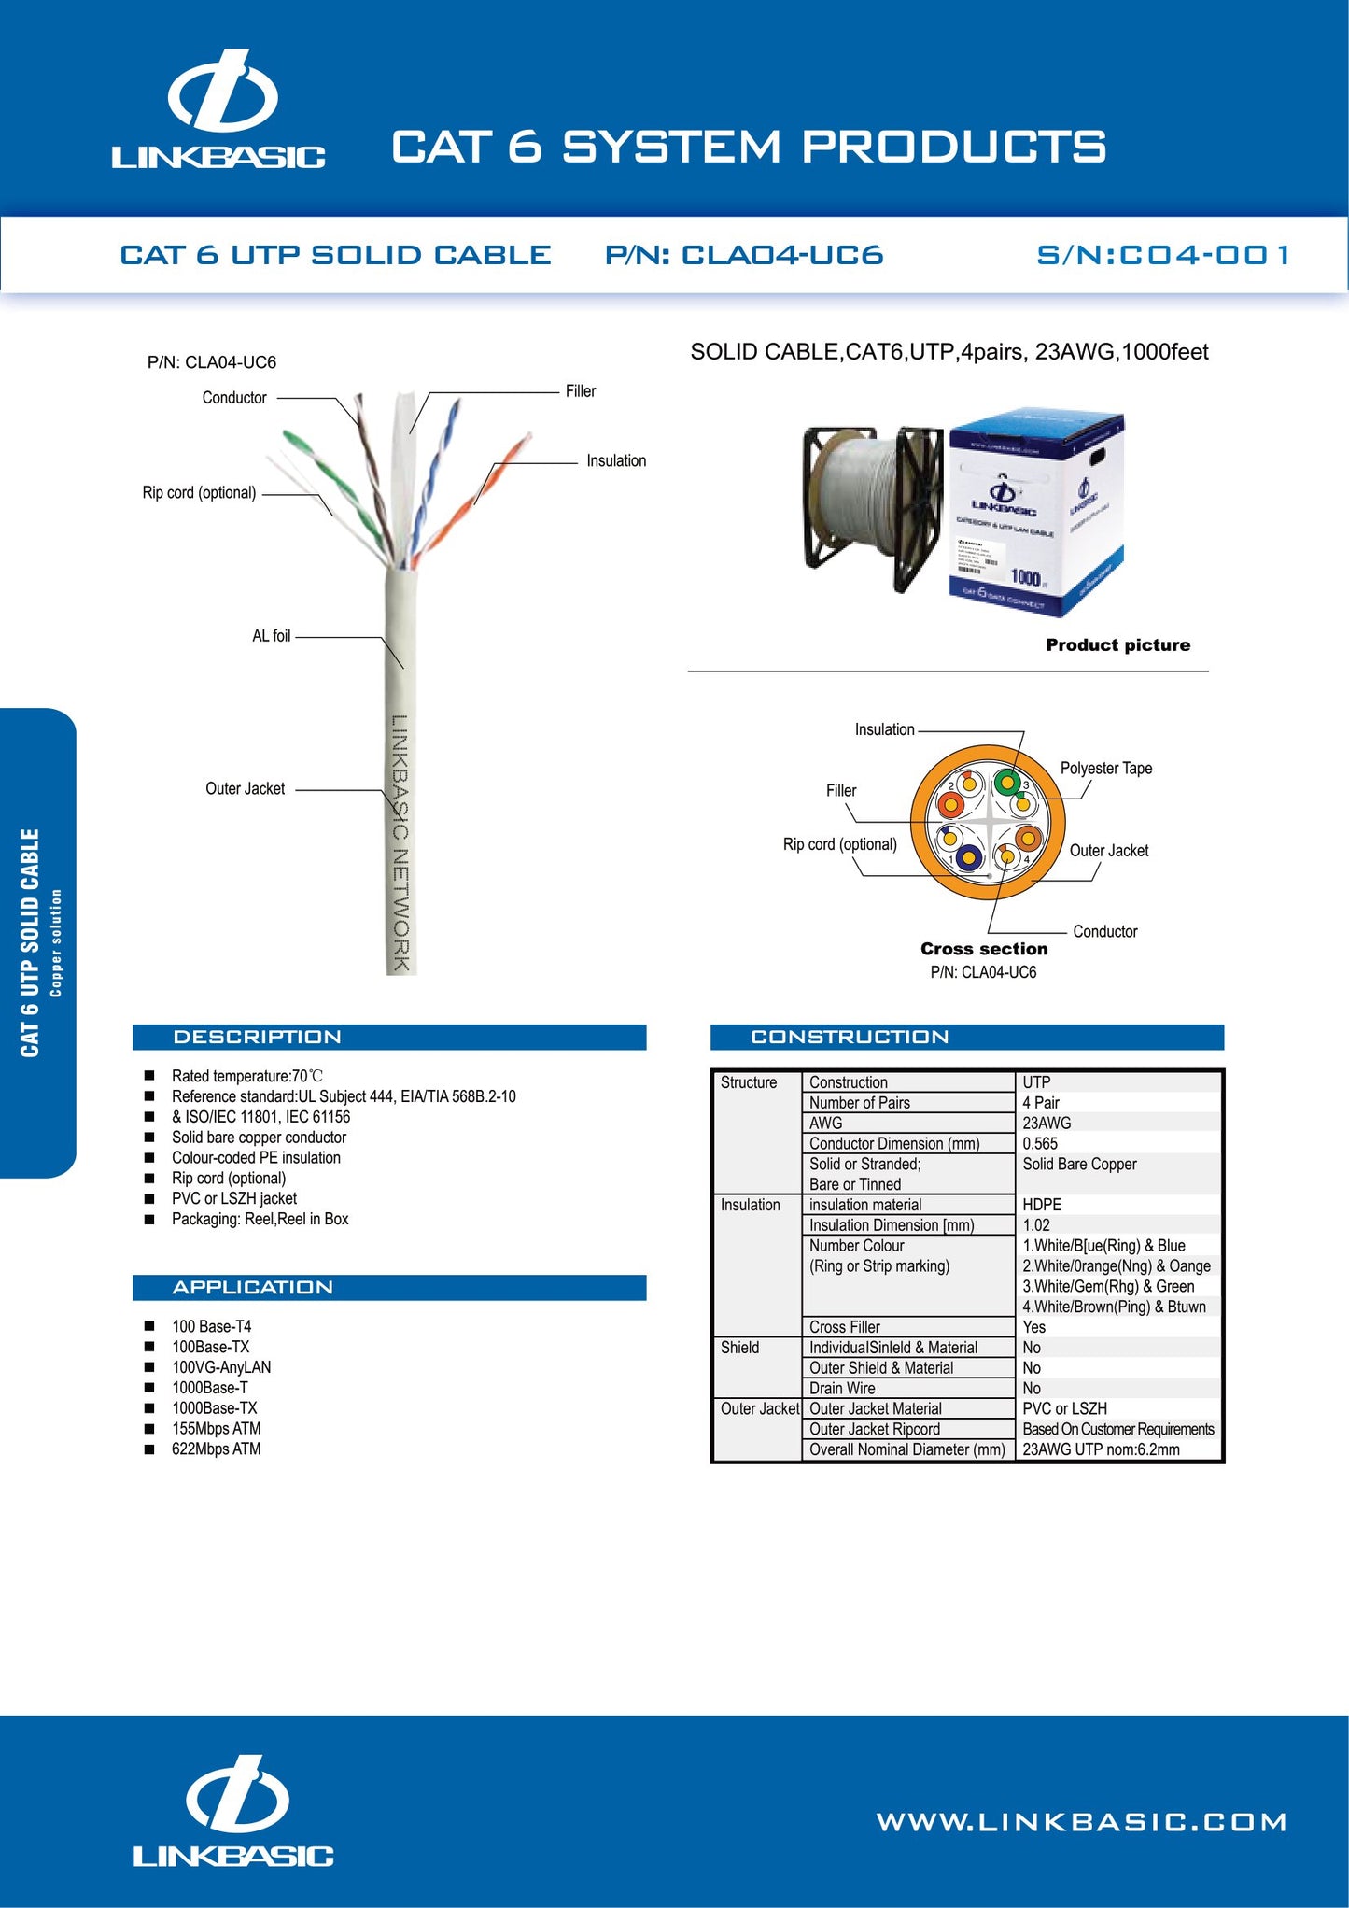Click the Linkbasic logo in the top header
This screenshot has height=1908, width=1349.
click(x=219, y=110)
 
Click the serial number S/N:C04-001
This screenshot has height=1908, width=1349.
click(x=1163, y=255)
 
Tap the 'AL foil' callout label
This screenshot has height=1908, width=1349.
click(x=271, y=636)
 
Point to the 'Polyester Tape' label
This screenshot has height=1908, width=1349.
click(x=1105, y=769)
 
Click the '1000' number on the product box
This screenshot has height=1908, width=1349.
click(x=1025, y=578)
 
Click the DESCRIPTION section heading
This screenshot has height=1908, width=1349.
click(x=257, y=1037)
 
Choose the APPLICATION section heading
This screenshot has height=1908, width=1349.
click(x=252, y=1287)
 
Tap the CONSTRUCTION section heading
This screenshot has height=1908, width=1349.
click(x=850, y=1037)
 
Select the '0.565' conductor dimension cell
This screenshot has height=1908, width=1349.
click(x=1040, y=1143)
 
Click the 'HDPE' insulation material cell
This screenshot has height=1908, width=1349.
click(x=1042, y=1205)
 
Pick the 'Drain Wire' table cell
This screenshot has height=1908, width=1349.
click(x=842, y=1388)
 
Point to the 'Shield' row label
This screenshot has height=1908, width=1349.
click(x=739, y=1347)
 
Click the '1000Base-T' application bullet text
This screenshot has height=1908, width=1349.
click(x=210, y=1388)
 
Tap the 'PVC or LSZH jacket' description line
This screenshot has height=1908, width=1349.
click(x=234, y=1198)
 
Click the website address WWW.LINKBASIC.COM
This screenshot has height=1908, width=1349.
click(x=1081, y=1822)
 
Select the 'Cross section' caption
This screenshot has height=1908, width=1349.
click(x=984, y=949)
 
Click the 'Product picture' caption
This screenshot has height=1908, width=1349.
click(x=1117, y=645)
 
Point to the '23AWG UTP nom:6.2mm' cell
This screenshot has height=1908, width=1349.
click(x=1101, y=1449)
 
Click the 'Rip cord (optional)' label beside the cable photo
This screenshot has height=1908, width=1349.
click(x=199, y=492)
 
